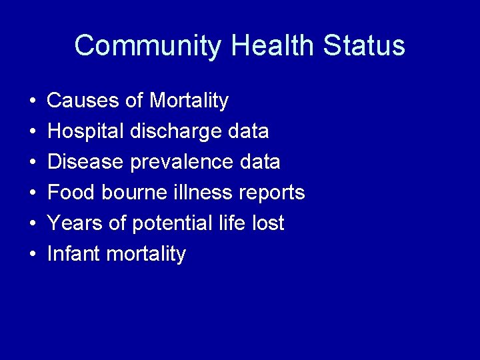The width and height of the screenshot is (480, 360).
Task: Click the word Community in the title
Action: [x=147, y=46]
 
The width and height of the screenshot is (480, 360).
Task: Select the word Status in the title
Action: [x=364, y=46]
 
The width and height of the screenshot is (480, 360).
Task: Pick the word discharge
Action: [x=175, y=132]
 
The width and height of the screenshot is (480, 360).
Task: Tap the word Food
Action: [x=72, y=193]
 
